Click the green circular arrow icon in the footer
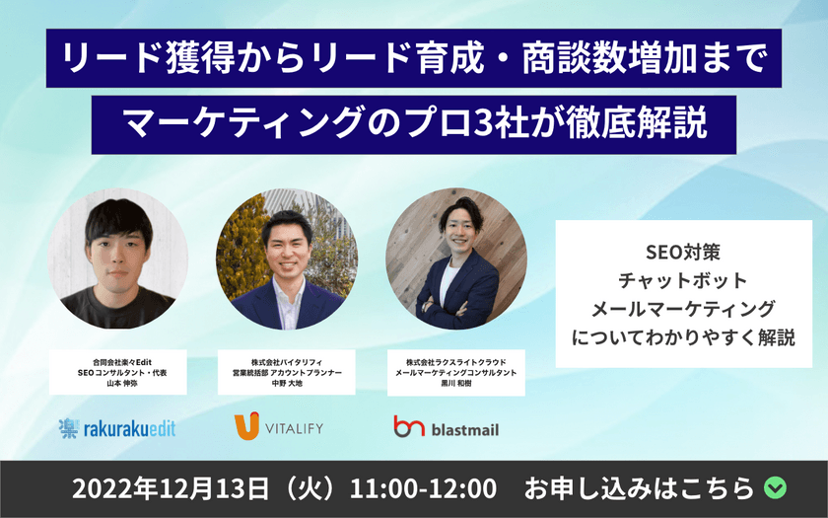pyautogui.click(x=775, y=488)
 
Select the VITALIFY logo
pyautogui.click(x=279, y=427)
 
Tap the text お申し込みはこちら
pyautogui.click(x=641, y=488)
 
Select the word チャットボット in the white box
pyautogui.click(x=683, y=281)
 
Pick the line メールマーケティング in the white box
pyautogui.click(x=683, y=309)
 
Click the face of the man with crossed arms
pyautogui.click(x=458, y=234)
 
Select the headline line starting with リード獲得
pyautogui.click(x=414, y=59)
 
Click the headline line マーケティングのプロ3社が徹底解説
pyautogui.click(x=414, y=124)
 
